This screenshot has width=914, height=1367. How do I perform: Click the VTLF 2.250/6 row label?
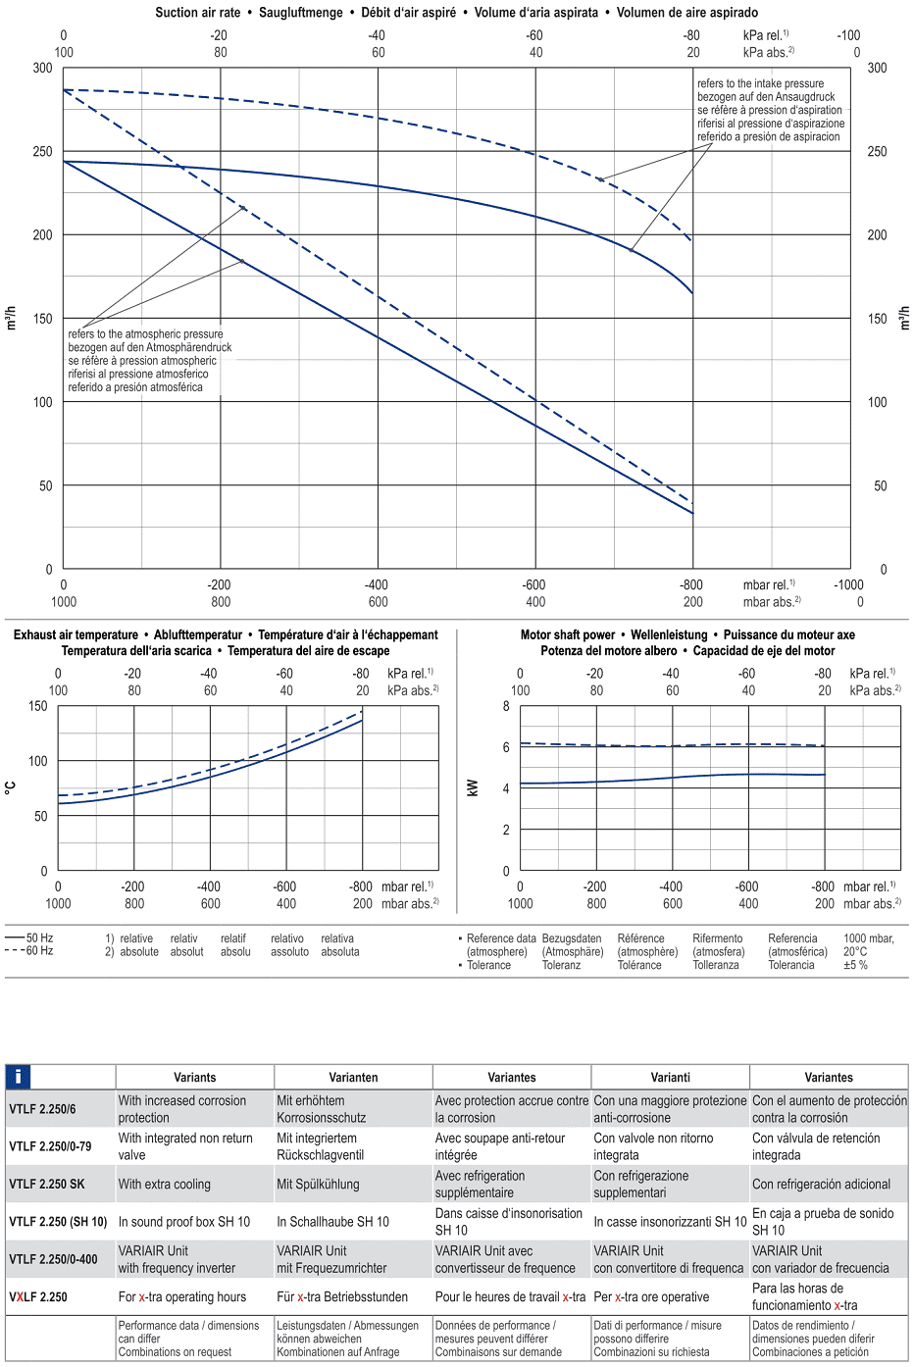coord(42,1109)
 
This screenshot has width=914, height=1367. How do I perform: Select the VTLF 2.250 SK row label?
coord(47,1184)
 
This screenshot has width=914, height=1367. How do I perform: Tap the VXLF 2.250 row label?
coord(38,1296)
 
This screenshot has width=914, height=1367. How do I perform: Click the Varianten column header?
coord(353,1077)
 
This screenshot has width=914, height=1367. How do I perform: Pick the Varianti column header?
coord(670,1077)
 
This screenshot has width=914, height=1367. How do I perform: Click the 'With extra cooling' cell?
coord(165,1184)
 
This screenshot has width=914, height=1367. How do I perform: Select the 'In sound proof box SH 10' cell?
coord(184,1222)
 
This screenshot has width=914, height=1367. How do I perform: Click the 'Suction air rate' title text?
coord(197,13)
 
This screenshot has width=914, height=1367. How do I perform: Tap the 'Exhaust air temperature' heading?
coord(76,634)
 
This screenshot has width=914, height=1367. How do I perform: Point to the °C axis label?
coord(11,787)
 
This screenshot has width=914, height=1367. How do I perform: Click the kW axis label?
coord(473,787)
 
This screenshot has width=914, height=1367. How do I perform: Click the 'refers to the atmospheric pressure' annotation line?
coord(145,334)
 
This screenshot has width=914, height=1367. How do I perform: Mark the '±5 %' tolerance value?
coord(855,965)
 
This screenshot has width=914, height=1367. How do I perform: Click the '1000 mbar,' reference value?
coord(869,938)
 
